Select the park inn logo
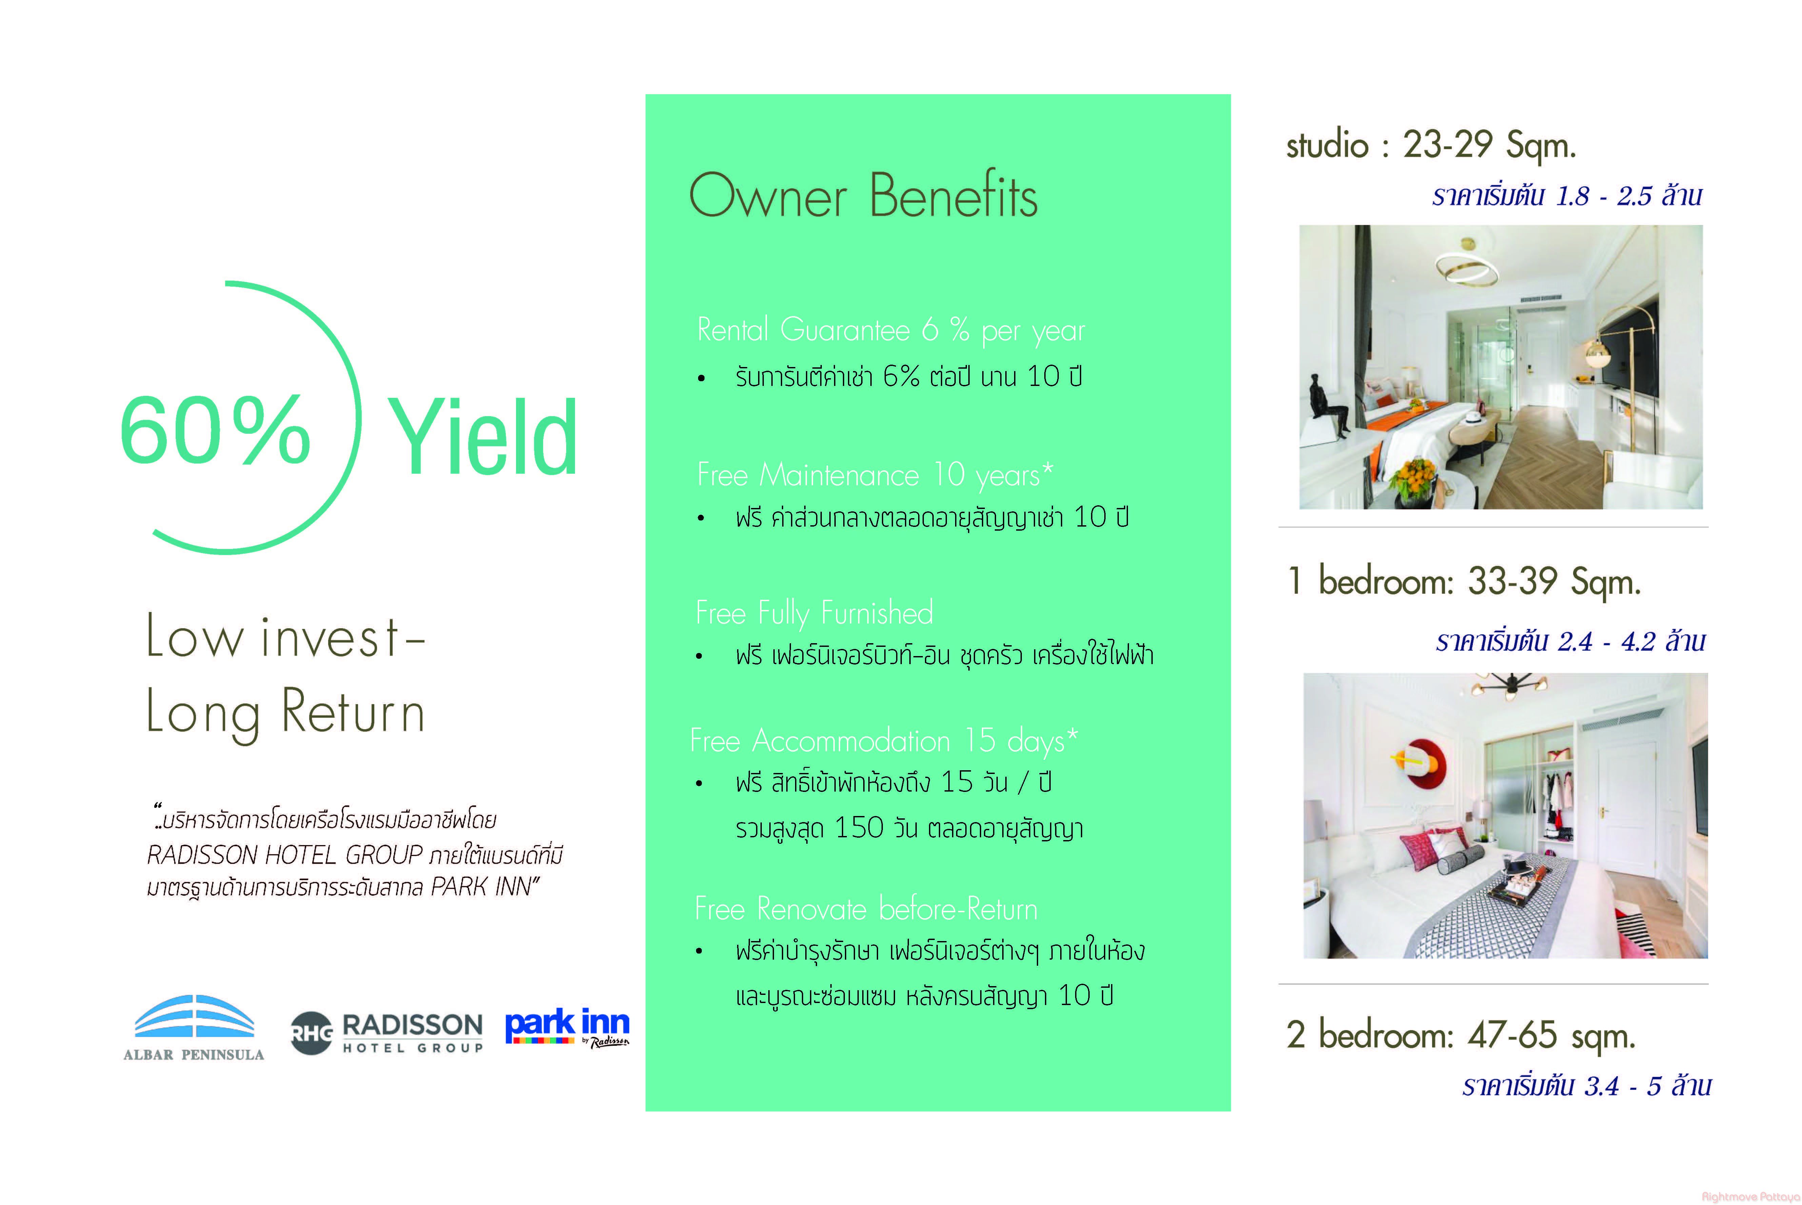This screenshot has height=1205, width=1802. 567,1028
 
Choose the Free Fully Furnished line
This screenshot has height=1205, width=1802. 814,613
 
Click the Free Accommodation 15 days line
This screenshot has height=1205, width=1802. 884,741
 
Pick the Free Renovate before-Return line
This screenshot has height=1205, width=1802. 866,909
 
